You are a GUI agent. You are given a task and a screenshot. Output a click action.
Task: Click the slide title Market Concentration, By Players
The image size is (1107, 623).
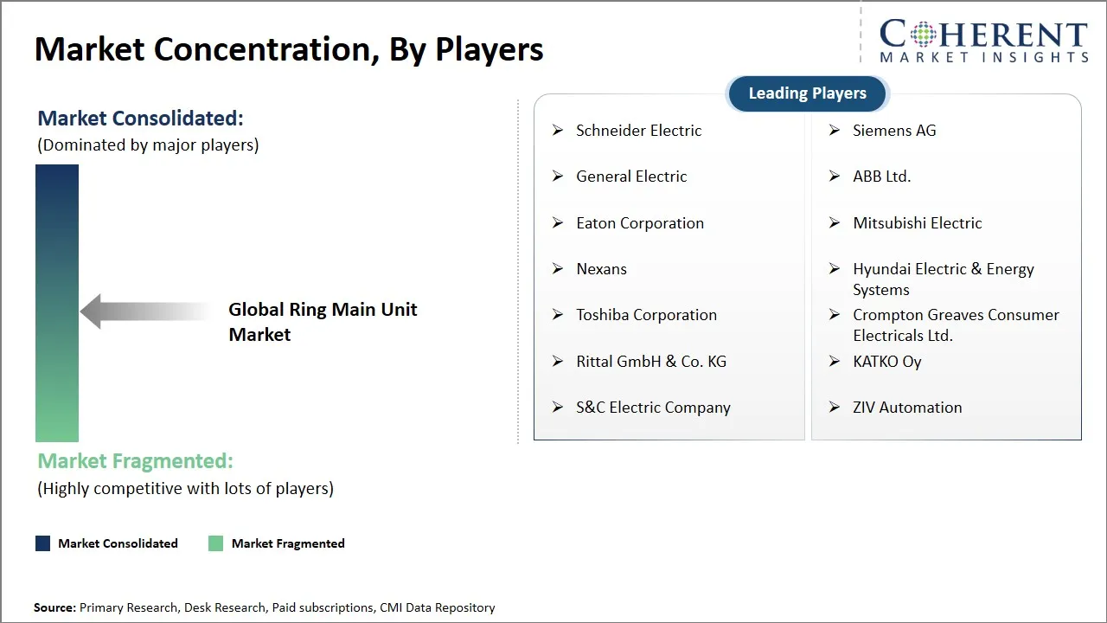coord(289,49)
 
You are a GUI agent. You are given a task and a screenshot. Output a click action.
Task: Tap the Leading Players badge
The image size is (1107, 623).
coord(807,93)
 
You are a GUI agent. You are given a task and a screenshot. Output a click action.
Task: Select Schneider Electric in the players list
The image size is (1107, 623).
coord(638,131)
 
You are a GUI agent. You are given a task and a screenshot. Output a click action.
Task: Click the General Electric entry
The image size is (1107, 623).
coord(631,177)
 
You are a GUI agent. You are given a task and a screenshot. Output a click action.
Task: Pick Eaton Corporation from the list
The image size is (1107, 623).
coord(640,223)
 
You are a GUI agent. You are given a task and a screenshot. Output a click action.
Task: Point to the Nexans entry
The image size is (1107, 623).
coord(601,269)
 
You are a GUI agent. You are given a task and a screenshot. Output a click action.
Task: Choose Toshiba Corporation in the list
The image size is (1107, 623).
coord(646,315)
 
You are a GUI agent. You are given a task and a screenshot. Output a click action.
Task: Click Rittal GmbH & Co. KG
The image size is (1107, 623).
coord(651,362)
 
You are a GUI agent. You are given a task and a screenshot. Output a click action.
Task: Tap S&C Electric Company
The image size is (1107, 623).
coord(653,408)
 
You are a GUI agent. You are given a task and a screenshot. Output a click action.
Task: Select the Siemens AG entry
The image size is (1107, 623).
coord(894,131)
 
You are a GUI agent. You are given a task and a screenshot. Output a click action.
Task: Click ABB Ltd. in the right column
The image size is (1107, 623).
coord(881,177)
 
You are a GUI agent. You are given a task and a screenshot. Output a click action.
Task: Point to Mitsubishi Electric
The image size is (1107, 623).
coord(917,223)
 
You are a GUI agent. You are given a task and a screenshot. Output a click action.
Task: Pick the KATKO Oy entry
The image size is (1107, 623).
coord(886,362)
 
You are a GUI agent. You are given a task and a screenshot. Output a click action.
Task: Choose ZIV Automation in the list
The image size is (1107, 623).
coord(907,408)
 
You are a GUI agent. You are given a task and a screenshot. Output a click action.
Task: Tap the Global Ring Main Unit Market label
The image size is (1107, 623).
coord(323,322)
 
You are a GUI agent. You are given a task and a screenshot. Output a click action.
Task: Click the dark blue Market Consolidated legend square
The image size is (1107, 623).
coord(42,543)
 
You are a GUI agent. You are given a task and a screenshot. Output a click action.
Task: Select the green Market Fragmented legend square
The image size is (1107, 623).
coord(216,543)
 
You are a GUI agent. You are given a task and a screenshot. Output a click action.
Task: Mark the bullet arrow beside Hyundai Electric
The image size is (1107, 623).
coord(835,269)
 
